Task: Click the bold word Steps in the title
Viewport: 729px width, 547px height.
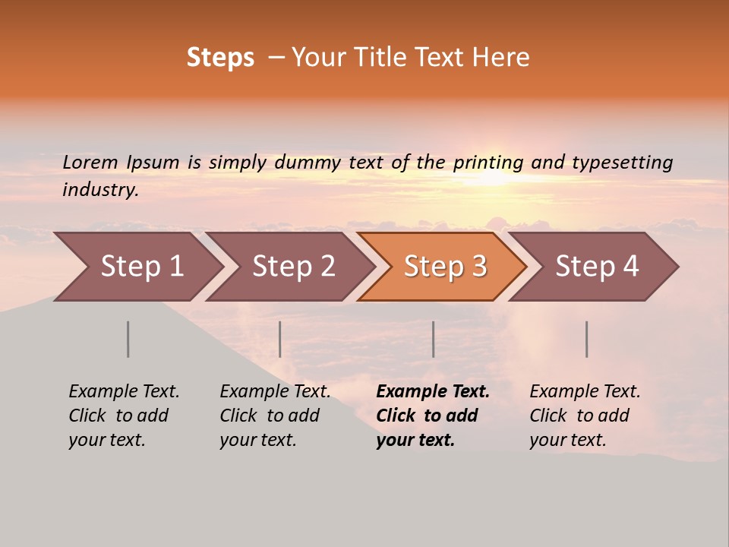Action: [x=220, y=58]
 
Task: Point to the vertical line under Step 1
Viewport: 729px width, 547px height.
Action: [x=128, y=339]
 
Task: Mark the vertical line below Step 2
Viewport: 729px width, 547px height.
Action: [x=280, y=339]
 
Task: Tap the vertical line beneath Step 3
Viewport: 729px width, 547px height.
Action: [x=434, y=339]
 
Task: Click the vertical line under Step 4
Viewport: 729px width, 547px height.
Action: [x=587, y=339]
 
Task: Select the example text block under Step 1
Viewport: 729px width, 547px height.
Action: [x=124, y=416]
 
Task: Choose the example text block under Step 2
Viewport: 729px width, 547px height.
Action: [x=275, y=416]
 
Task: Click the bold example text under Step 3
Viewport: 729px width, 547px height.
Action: [x=432, y=416]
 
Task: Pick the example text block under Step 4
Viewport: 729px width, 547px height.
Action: [x=585, y=416]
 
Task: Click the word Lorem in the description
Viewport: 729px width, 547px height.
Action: [x=90, y=163]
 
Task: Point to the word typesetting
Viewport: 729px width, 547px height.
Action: [x=622, y=163]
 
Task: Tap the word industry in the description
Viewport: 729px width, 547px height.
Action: [x=100, y=190]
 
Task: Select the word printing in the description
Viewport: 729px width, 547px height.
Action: [x=488, y=163]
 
